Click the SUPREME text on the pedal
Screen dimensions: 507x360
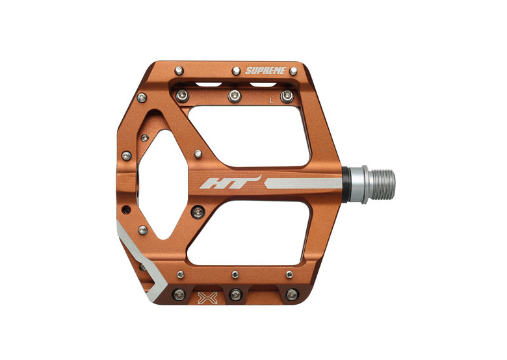265,70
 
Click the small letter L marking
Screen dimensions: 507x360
271,101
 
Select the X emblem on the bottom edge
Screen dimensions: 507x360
207,298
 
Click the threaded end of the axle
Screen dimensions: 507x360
382,185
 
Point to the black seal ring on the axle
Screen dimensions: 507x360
345,185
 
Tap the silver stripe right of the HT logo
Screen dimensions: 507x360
303,183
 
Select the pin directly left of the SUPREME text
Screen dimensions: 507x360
237,71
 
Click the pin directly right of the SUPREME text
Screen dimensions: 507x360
293,71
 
